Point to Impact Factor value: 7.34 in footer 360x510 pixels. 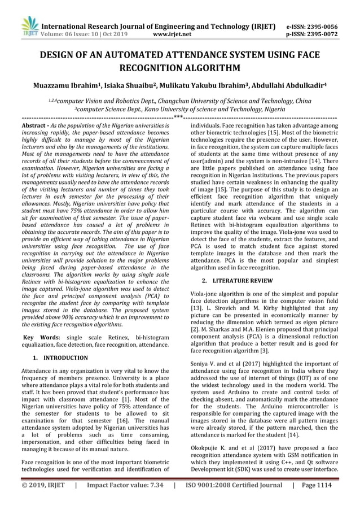pyautogui.click(x=124, y=500)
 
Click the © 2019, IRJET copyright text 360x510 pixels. pyautogui.click(x=41, y=500)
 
